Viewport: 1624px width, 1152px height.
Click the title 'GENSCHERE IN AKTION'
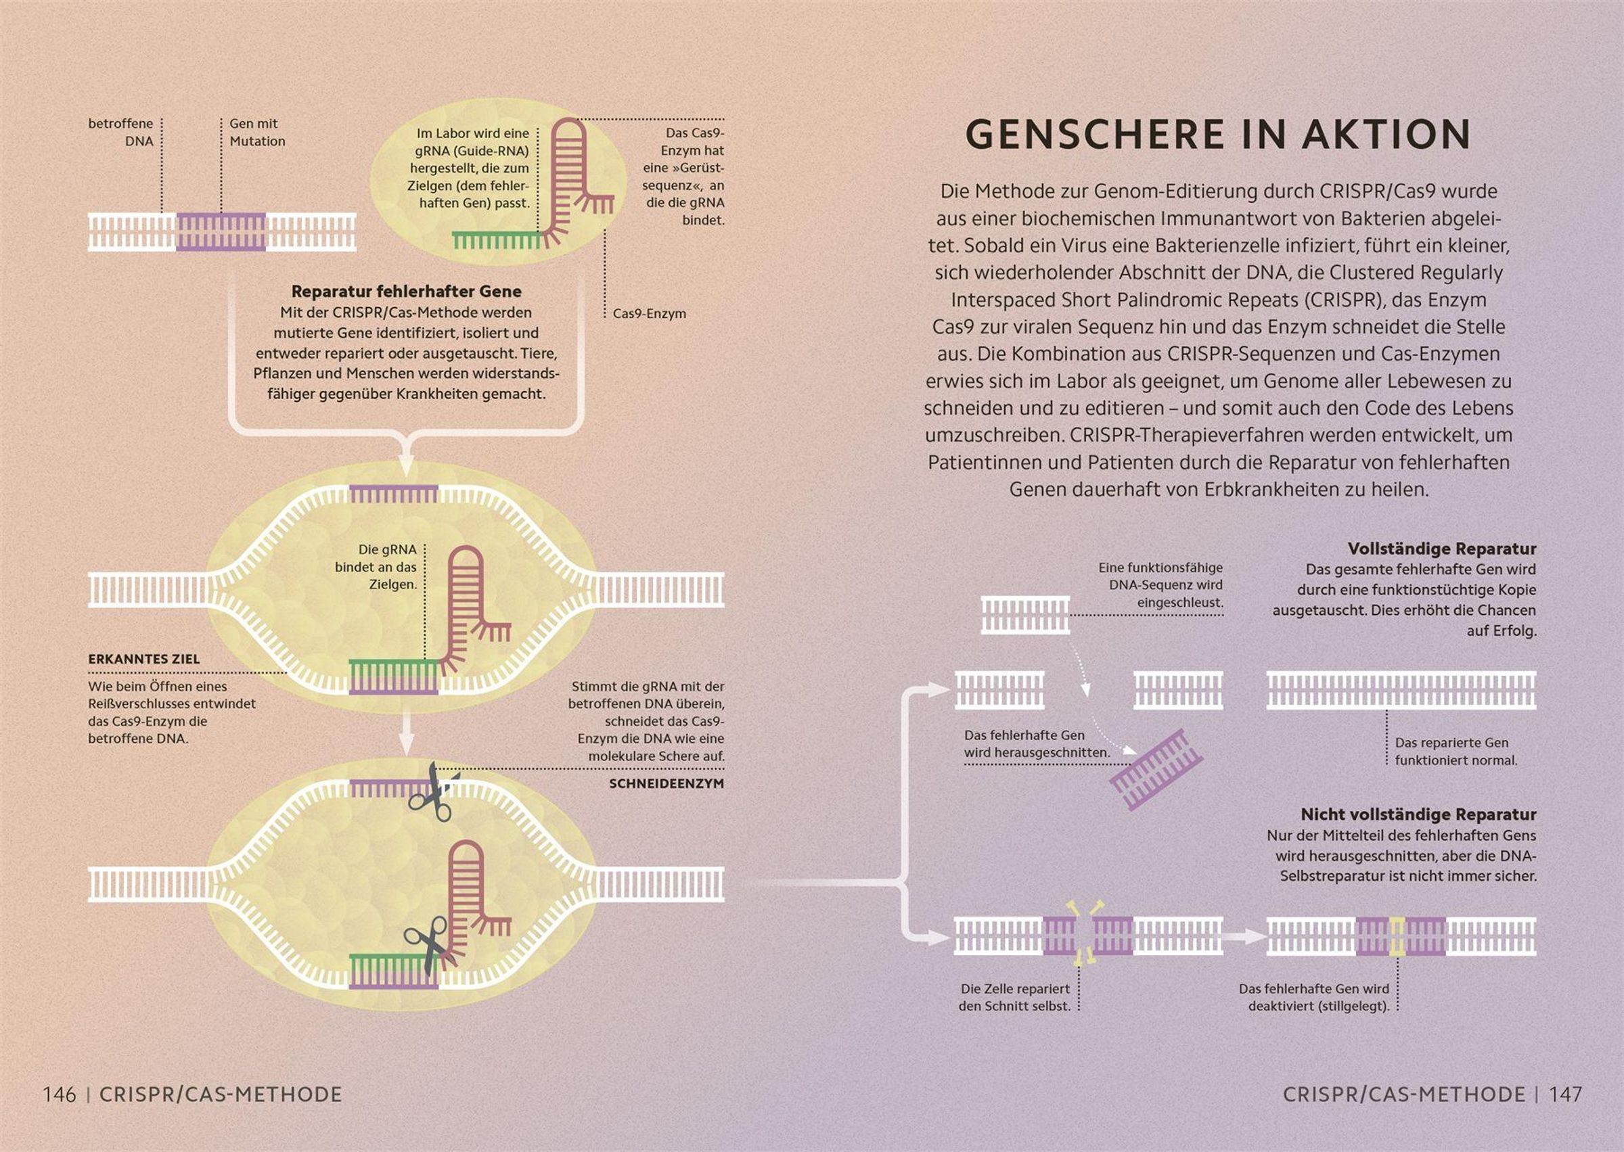1217,134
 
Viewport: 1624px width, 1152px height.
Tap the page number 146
60,1094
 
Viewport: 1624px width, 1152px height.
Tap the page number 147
1565,1094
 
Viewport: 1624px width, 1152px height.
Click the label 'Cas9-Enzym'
649,314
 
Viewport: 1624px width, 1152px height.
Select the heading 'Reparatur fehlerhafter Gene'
407,292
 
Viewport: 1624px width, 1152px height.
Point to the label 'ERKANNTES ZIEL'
144,659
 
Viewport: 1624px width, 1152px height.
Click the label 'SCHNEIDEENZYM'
667,784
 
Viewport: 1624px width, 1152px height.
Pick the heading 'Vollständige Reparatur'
1442,549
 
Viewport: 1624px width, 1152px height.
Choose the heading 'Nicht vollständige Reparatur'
1418,814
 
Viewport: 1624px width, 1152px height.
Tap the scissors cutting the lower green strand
430,944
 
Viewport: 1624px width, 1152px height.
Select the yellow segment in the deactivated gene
1397,936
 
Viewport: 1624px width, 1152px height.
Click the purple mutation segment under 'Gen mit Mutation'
221,232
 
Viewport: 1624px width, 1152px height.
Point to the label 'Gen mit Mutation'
257,133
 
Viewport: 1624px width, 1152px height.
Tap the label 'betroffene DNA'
120,133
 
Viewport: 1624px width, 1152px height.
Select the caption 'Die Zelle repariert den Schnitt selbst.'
1014,997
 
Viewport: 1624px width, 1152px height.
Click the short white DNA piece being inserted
1025,614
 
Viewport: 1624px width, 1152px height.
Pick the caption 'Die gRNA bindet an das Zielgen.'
376,567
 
